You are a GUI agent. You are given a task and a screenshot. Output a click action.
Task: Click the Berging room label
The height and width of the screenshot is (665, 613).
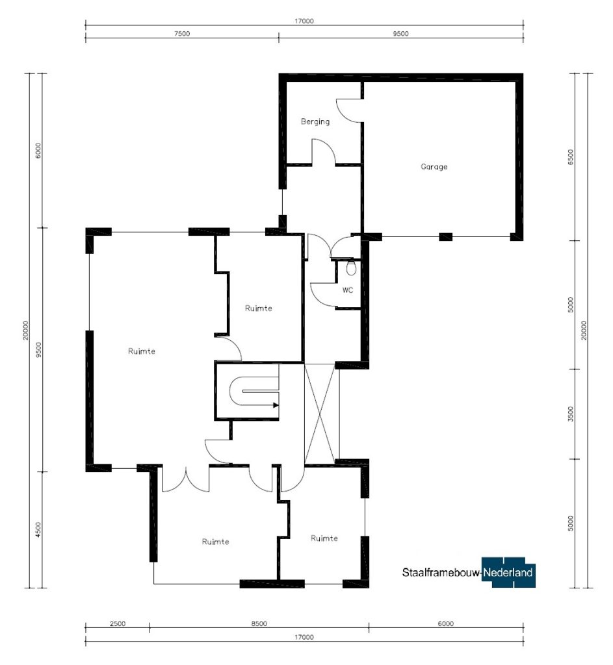tap(315, 121)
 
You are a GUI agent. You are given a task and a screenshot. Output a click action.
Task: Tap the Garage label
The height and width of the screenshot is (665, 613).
tap(434, 167)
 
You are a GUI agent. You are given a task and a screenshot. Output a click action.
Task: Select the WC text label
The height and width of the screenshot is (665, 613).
tap(348, 290)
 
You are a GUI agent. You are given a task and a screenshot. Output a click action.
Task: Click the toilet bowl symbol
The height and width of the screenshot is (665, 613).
tap(351, 268)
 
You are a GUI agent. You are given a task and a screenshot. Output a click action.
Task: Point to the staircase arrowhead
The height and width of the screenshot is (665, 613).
tap(276, 405)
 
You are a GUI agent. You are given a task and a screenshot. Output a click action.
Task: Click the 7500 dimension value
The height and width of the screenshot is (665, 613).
tap(182, 34)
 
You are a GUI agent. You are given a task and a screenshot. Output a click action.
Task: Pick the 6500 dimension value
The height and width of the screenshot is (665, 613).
tap(571, 157)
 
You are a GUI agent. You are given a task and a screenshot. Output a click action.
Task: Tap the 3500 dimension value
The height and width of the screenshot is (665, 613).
tap(571, 414)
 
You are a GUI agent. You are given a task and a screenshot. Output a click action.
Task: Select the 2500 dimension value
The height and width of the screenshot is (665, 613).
tap(118, 623)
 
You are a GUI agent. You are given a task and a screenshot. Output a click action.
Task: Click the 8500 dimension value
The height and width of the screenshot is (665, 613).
tap(259, 623)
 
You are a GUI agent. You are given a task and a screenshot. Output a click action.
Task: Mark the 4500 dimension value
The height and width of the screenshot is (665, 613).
tap(38, 530)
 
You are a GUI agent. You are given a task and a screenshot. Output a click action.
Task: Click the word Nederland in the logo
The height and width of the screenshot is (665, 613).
tap(508, 573)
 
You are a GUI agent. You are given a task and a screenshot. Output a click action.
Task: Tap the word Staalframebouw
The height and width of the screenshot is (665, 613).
tap(441, 573)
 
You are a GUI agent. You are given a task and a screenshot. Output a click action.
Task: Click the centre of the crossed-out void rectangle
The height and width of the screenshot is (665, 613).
tap(322, 414)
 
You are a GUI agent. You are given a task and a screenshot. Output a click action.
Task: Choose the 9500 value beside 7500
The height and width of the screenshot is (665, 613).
tap(400, 34)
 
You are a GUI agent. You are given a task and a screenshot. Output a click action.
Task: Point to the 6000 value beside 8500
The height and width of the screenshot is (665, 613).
tap(446, 623)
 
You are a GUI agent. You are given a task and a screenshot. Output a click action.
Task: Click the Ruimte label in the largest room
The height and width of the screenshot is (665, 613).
tap(141, 351)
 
